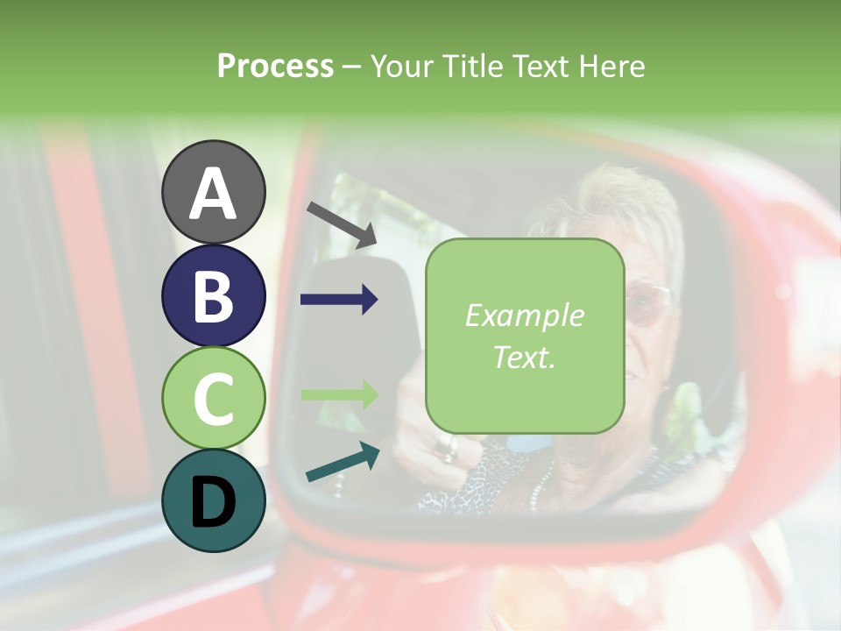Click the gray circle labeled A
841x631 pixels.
(x=214, y=192)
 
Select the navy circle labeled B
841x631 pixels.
(x=214, y=295)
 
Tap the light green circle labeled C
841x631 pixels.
(x=214, y=398)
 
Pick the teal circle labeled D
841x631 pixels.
(x=214, y=500)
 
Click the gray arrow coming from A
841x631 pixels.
(x=342, y=224)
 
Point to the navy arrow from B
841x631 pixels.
(x=339, y=300)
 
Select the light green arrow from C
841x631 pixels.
(x=339, y=394)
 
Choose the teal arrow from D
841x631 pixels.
(x=343, y=462)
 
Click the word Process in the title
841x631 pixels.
(x=275, y=66)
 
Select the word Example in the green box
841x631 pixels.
(x=524, y=315)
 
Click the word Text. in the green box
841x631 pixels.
(x=524, y=357)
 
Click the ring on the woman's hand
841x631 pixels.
(x=449, y=450)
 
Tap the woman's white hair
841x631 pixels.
(x=613, y=210)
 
